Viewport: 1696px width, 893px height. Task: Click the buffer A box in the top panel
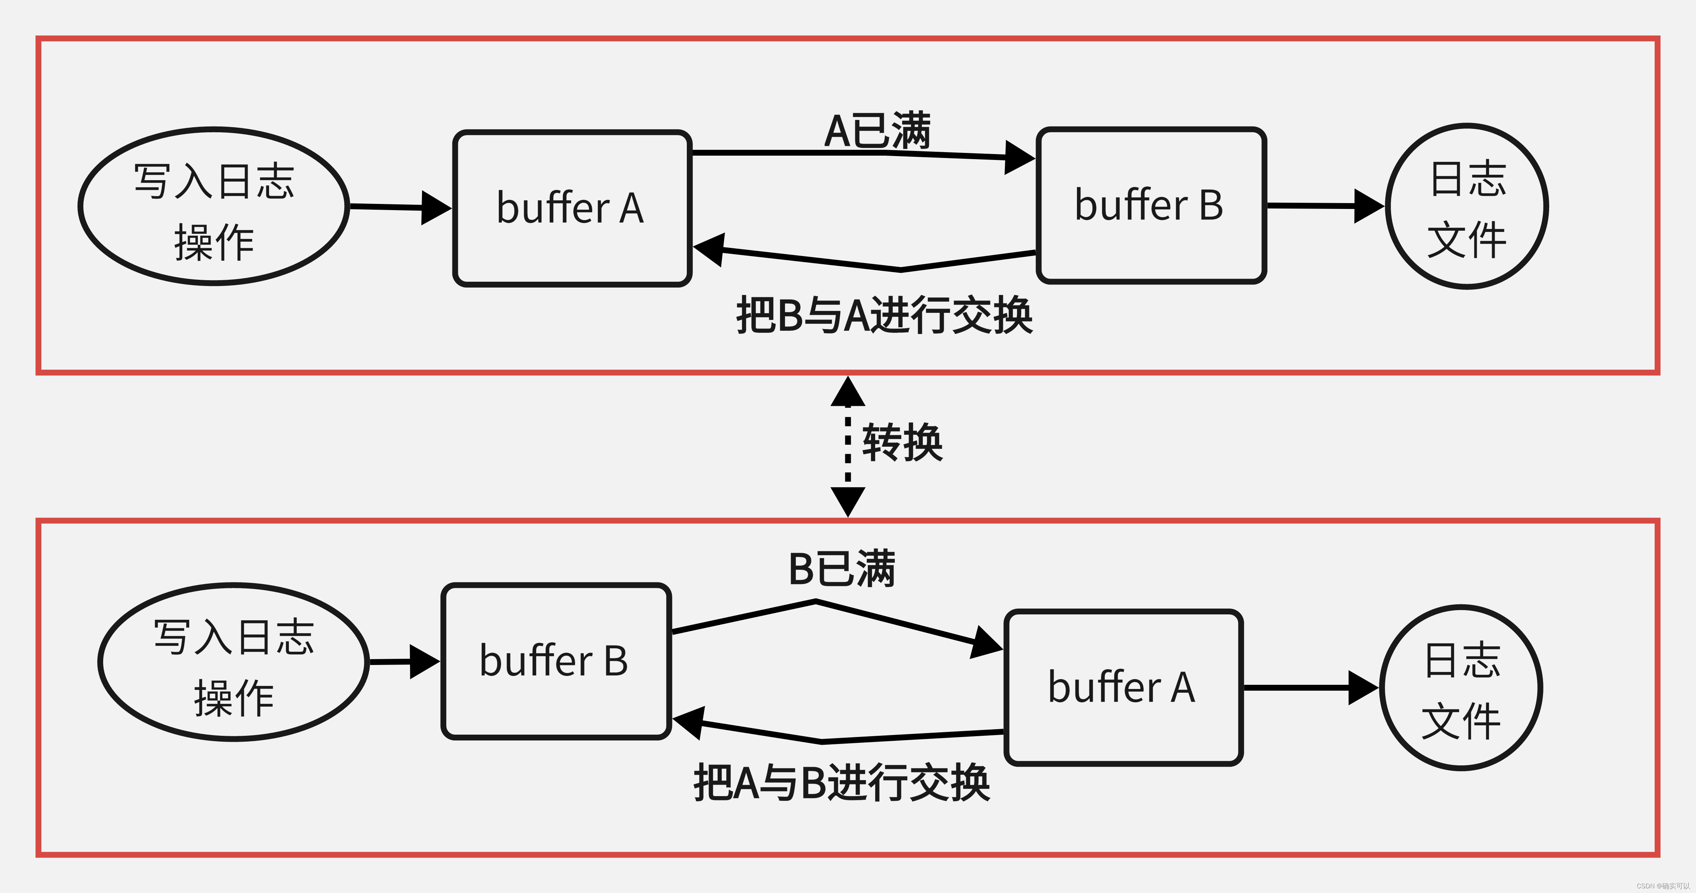[x=572, y=208]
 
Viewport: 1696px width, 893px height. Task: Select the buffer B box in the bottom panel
[x=556, y=661]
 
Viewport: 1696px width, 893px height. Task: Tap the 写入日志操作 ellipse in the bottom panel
[x=234, y=662]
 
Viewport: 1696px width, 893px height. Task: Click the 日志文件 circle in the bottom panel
[x=1461, y=688]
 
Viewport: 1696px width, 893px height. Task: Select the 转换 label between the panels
[x=902, y=443]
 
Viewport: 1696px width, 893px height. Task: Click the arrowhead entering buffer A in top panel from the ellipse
[x=436, y=208]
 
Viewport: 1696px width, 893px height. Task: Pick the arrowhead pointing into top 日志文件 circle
[x=1368, y=206]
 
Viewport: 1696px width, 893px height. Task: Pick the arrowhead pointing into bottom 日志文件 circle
[x=1362, y=688]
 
